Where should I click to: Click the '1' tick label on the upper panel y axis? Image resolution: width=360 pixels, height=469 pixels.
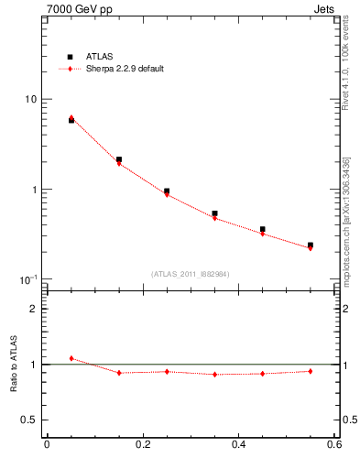pos(34,190)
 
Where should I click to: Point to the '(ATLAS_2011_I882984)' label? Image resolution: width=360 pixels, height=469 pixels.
pos(190,274)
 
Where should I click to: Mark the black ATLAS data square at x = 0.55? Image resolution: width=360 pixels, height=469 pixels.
pos(311,245)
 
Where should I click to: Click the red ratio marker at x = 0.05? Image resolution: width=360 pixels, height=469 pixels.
pos(71,358)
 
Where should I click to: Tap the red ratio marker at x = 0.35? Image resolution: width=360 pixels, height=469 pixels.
pos(214,374)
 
